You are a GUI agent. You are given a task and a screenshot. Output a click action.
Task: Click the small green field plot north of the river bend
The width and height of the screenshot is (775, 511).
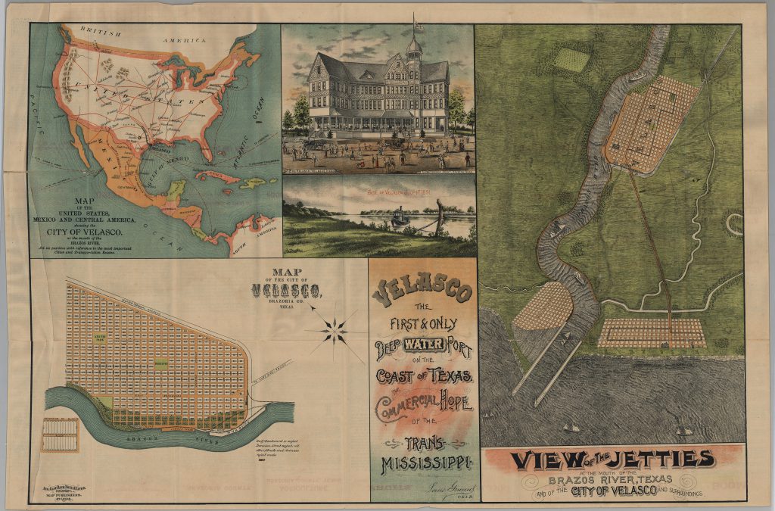pyautogui.click(x=571, y=58)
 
